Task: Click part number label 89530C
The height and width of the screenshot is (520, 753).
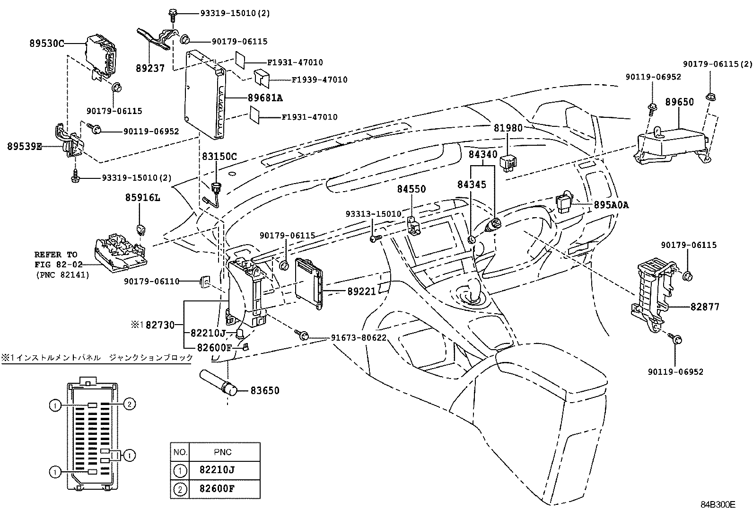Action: (47, 44)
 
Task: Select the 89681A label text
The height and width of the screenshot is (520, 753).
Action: (265, 98)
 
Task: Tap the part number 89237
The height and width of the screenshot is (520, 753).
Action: (149, 68)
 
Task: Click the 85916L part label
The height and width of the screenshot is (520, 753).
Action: (142, 197)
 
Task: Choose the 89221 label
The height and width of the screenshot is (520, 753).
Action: (361, 292)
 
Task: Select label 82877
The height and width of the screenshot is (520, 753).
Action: (704, 307)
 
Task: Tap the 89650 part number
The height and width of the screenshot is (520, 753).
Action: (679, 102)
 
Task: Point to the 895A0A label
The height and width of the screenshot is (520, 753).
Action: (611, 205)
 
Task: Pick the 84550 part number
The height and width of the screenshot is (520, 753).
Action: (411, 189)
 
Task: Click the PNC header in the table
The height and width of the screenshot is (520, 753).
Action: (222, 452)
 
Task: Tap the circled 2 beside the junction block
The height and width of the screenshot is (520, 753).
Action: (130, 404)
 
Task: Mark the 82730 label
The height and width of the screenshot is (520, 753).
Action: (160, 325)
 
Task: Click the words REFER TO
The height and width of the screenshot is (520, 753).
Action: (55, 255)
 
